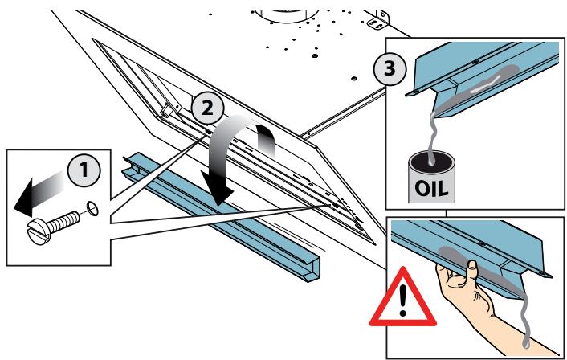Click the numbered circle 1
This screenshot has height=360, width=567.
pyautogui.click(x=84, y=170)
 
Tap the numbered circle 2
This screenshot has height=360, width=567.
pyautogui.click(x=207, y=108)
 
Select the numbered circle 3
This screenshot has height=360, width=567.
pyautogui.click(x=390, y=69)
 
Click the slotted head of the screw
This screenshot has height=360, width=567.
pyautogui.click(x=38, y=231)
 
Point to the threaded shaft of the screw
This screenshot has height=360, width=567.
pyautogui.click(x=63, y=222)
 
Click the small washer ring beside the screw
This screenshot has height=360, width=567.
pyautogui.click(x=92, y=209)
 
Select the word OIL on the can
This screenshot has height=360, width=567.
pyautogui.click(x=431, y=188)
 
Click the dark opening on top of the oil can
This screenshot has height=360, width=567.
pyautogui.click(x=431, y=159)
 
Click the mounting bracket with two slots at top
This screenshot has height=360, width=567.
pyautogui.click(x=378, y=21)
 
